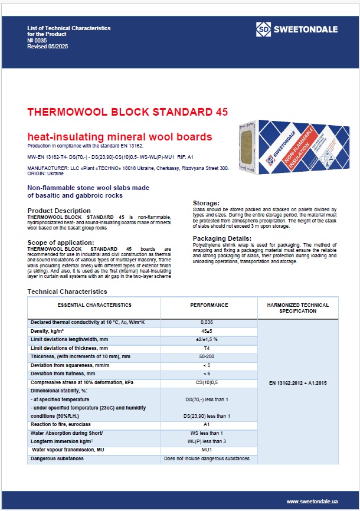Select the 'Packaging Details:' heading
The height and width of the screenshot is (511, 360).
point(222,238)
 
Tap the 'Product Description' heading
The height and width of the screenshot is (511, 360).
point(59,211)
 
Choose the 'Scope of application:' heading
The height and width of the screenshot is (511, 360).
point(62,243)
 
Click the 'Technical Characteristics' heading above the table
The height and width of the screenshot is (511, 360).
point(67,291)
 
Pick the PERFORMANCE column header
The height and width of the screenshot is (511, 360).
point(209,305)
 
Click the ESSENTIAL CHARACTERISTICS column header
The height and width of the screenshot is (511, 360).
point(94,305)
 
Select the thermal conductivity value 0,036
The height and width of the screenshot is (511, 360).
point(209,322)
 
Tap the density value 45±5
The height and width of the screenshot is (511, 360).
point(209,331)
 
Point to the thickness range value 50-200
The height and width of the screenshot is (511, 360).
point(209,356)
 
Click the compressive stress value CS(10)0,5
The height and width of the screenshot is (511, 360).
point(209,382)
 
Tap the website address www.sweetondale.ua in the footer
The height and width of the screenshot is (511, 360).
point(312,501)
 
